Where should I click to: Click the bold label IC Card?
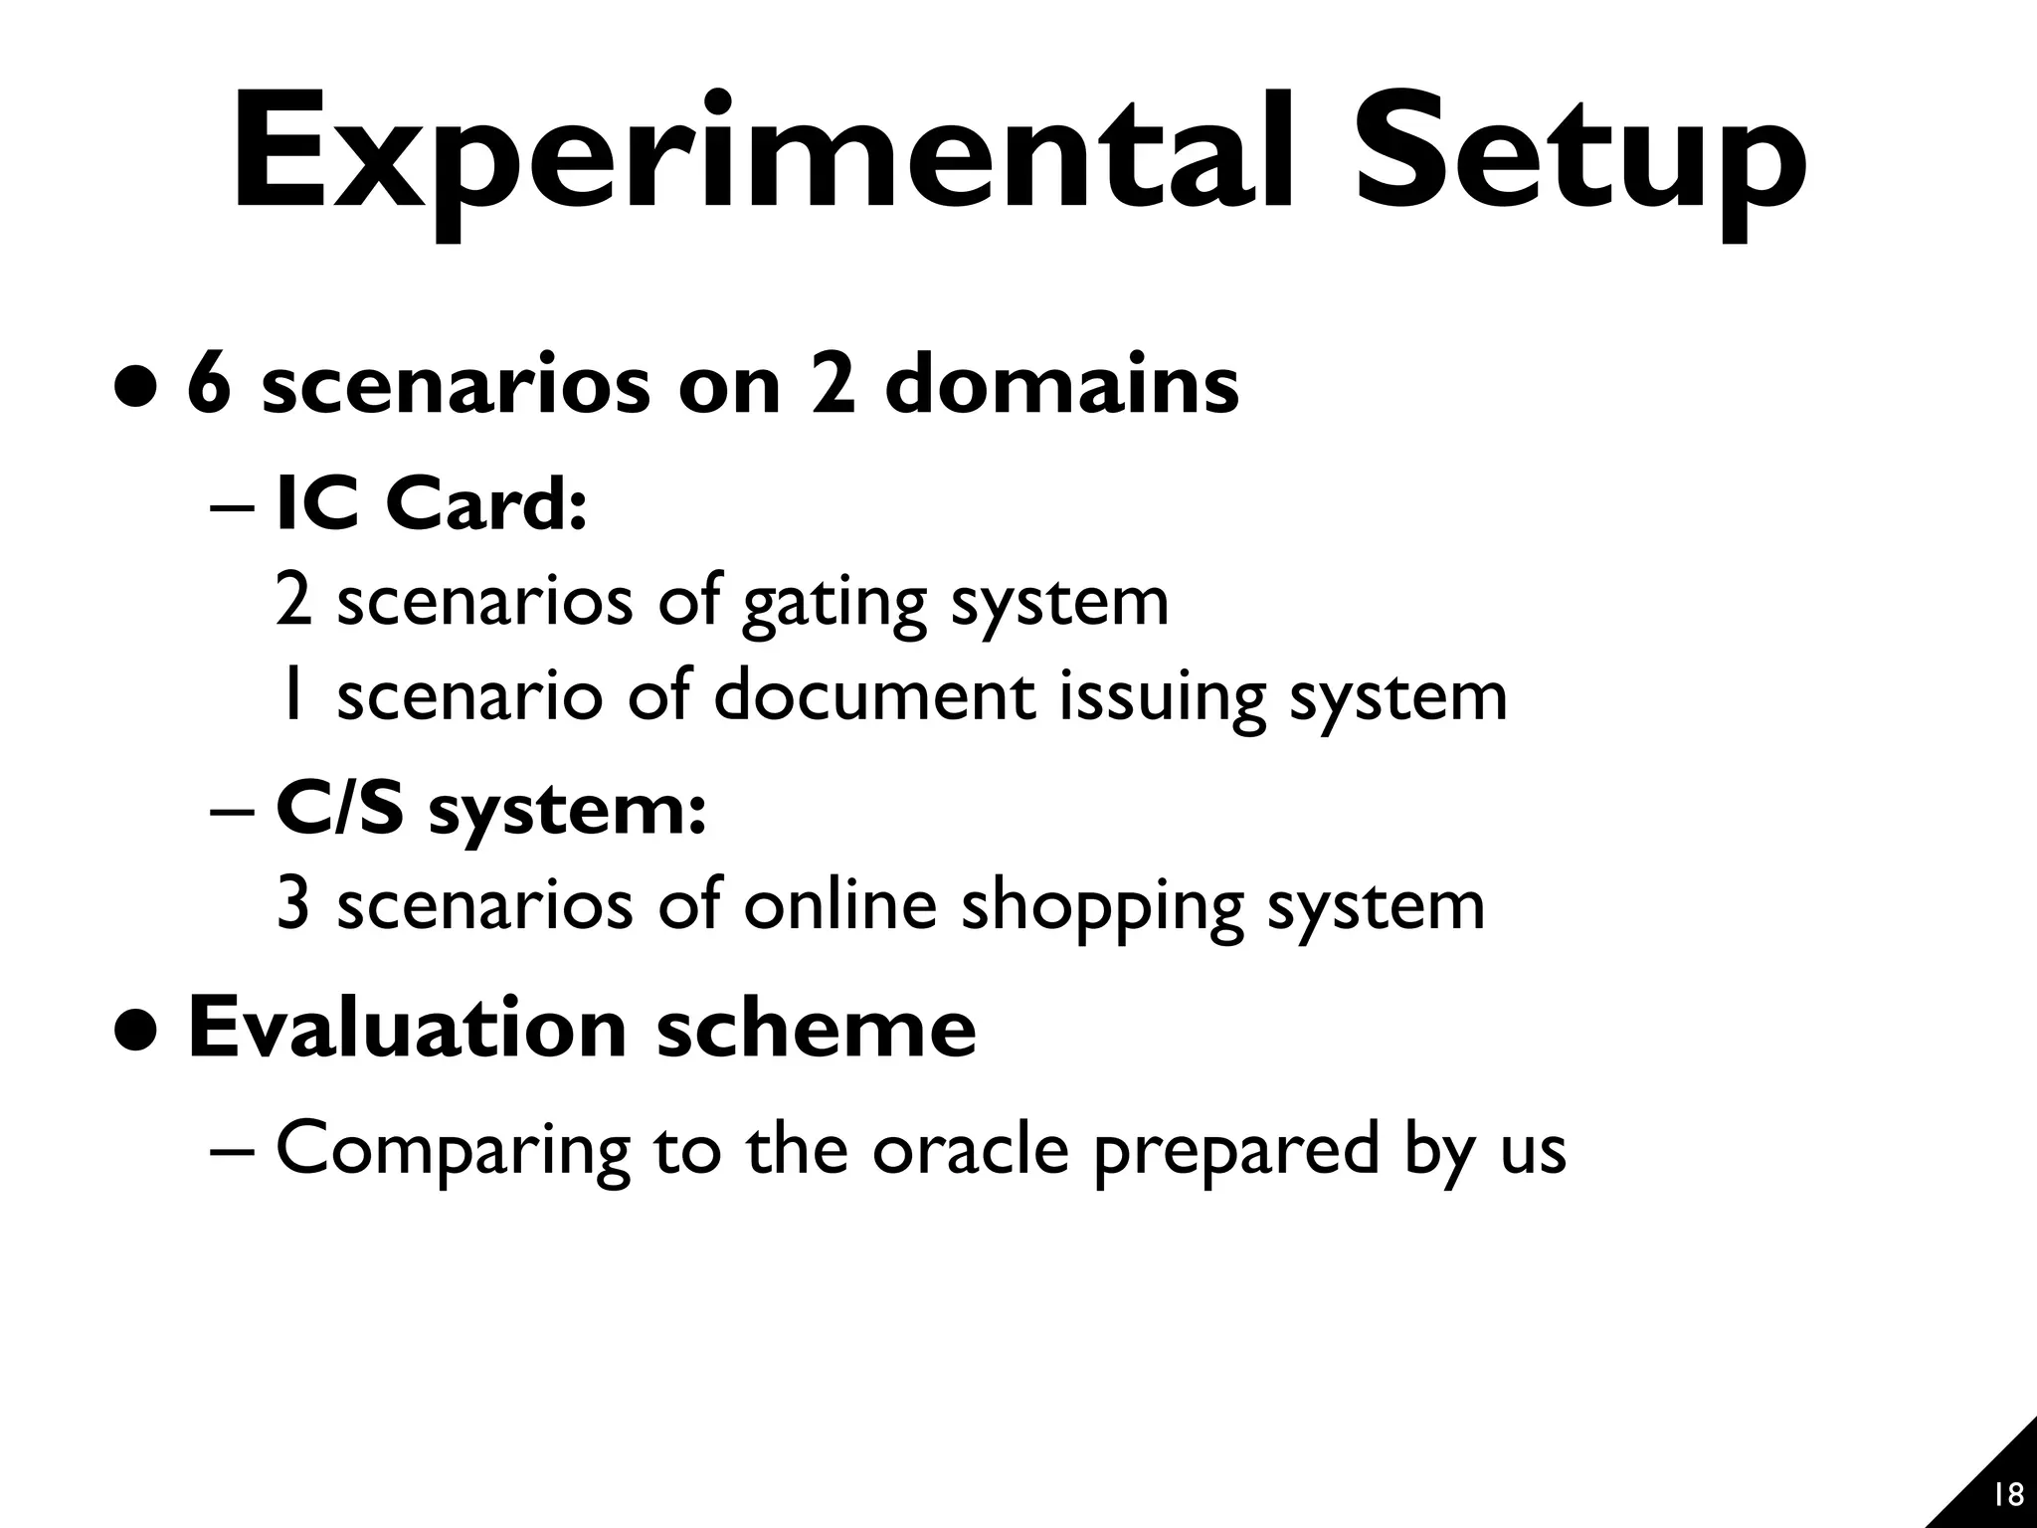tap(432, 503)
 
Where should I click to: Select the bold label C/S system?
tap(491, 809)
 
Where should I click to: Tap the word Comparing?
tap(453, 1150)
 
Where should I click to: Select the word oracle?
tap(970, 1148)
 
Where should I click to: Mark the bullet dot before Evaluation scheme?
tap(134, 1033)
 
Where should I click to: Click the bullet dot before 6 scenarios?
tap(134, 389)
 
